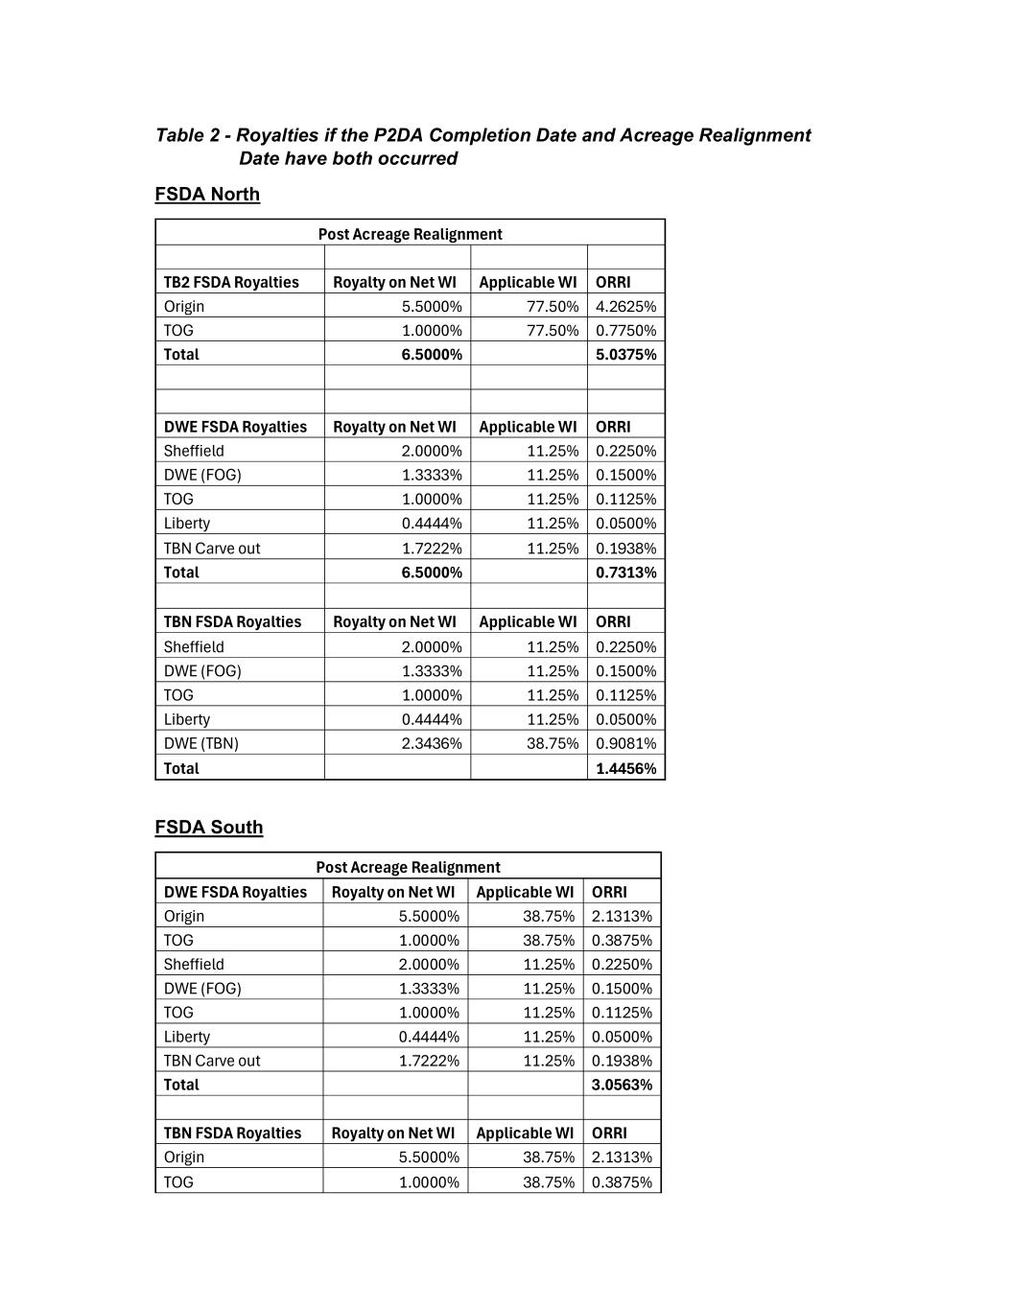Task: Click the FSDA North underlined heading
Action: pos(207,194)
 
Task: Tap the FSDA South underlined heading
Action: pos(208,827)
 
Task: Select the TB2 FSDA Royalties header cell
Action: pos(231,282)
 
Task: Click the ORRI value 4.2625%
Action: pos(625,306)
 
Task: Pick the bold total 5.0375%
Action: pos(625,354)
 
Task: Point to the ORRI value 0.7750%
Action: pos(625,330)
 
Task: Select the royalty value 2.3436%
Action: pos(432,743)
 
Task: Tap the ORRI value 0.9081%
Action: pos(625,743)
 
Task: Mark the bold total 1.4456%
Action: pos(625,768)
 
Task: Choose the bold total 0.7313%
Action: pos(625,573)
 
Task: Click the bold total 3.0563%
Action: pos(622,1085)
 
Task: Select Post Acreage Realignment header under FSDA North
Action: pos(410,234)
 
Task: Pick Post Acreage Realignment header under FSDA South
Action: pos(408,867)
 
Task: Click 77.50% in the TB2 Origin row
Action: pos(553,306)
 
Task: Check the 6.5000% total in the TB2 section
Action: pos(432,354)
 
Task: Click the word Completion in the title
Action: pos(480,135)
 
